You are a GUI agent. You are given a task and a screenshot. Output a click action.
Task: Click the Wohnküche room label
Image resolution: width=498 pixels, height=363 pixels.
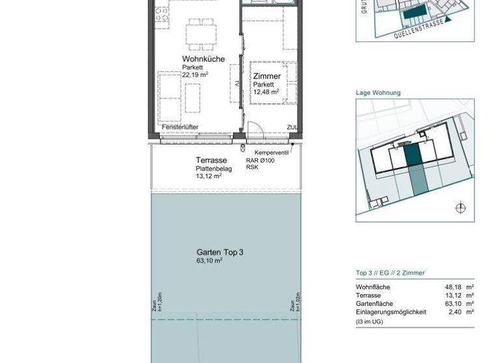click(x=203, y=59)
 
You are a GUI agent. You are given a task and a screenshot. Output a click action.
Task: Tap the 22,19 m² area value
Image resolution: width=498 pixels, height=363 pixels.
click(x=195, y=75)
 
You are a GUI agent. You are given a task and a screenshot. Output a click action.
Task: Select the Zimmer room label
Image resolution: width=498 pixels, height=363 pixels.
click(x=267, y=76)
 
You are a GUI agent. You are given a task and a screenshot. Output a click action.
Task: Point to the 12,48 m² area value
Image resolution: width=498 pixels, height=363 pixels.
click(x=266, y=92)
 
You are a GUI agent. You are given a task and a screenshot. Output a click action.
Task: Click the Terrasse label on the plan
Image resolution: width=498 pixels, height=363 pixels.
click(x=211, y=160)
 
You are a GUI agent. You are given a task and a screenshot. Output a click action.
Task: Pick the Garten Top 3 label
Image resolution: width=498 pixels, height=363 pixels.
click(x=220, y=252)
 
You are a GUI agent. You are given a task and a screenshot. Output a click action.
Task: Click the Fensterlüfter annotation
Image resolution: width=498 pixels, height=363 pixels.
click(x=180, y=127)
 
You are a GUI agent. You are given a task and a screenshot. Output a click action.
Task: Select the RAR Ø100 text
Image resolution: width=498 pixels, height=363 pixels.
click(x=260, y=160)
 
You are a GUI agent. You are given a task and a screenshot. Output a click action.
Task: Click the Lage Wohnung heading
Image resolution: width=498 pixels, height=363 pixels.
click(x=378, y=93)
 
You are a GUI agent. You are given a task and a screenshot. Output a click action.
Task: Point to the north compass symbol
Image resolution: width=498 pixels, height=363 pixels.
click(x=460, y=208)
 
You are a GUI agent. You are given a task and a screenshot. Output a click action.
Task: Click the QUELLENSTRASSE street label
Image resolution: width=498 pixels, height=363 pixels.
click(x=419, y=29)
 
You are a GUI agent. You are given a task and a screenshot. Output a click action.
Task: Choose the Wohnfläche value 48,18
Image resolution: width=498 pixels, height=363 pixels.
click(x=453, y=287)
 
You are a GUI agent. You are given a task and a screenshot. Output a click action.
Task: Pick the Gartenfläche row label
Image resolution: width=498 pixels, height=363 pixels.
click(x=374, y=303)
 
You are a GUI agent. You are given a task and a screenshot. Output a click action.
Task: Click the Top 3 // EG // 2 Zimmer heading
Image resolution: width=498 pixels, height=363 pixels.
click(x=390, y=273)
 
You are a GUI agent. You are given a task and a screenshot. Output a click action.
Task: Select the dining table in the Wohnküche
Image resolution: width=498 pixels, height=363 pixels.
click(x=200, y=34)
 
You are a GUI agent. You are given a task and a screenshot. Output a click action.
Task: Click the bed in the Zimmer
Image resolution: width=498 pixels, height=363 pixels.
click(x=270, y=82)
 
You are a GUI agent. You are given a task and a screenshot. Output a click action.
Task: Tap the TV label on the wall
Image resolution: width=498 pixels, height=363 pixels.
click(x=238, y=83)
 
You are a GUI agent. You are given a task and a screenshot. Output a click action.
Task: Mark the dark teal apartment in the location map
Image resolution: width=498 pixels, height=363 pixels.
click(x=412, y=156)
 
